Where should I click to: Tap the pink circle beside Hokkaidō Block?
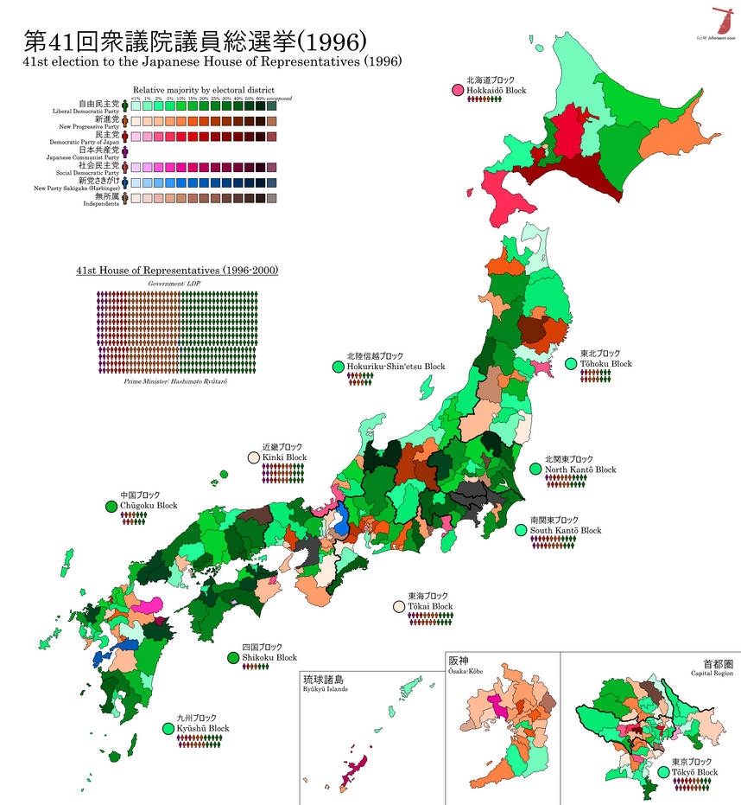click(x=457, y=90)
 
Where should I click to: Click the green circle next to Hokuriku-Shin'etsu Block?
click(x=338, y=367)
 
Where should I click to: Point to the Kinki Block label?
click(x=284, y=457)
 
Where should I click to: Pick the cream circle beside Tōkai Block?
click(x=399, y=607)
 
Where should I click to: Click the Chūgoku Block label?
click(x=149, y=505)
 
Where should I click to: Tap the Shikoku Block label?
click(x=269, y=657)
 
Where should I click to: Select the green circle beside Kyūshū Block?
click(x=168, y=729)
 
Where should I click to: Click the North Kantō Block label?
click(x=579, y=470)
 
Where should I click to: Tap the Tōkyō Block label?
click(x=694, y=772)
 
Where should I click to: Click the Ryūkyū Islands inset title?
click(x=322, y=687)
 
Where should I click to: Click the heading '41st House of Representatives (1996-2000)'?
click(x=176, y=271)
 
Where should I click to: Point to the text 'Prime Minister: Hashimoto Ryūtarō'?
click(x=175, y=381)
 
